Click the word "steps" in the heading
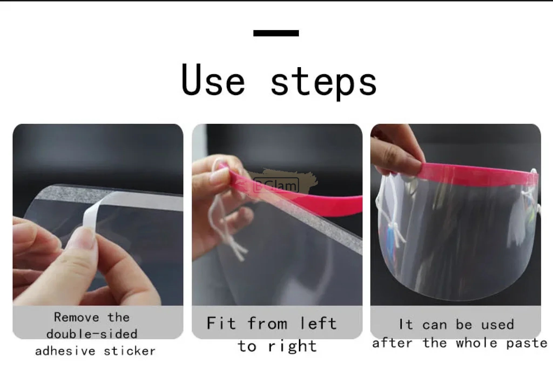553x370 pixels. coord(323,82)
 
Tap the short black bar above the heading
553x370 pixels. coord(276,33)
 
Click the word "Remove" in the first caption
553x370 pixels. coord(77,317)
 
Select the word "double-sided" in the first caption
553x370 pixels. coord(92,334)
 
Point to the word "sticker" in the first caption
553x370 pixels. coord(130,351)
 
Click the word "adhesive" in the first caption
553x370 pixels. coord(65,351)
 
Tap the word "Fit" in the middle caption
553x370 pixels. coord(221,323)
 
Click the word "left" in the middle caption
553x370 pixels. coord(318,323)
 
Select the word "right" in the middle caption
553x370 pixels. coord(292,346)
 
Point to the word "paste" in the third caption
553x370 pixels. coord(527,343)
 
